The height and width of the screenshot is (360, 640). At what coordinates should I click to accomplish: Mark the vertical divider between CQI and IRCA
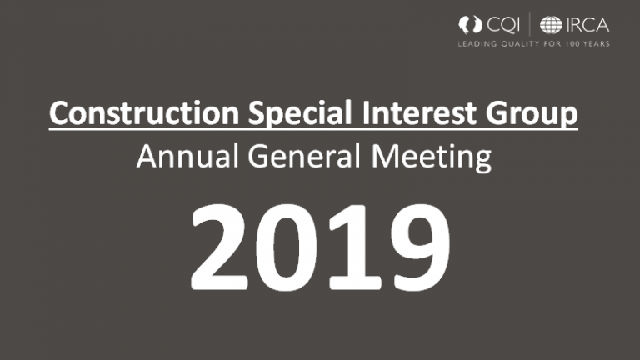(x=534, y=24)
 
